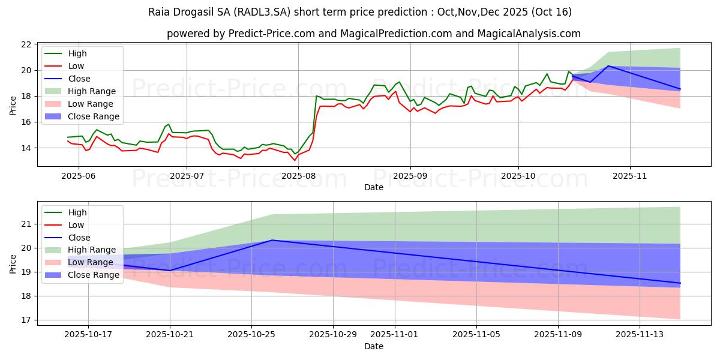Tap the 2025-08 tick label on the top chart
tap(298, 175)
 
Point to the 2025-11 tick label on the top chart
tap(630, 175)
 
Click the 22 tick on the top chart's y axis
tap(26, 45)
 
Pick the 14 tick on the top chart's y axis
tap(26, 148)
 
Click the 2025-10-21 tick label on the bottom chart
tap(170, 334)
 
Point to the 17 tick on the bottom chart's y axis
tap(26, 320)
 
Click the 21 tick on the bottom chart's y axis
tap(26, 224)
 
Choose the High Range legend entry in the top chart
tap(92, 91)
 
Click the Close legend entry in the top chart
tap(79, 79)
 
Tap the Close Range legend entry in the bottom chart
tap(94, 275)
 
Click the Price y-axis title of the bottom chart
tap(13, 263)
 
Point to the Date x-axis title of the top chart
tap(373, 187)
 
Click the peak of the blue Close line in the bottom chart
tap(272, 240)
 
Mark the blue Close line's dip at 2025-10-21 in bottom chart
tap(170, 270)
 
